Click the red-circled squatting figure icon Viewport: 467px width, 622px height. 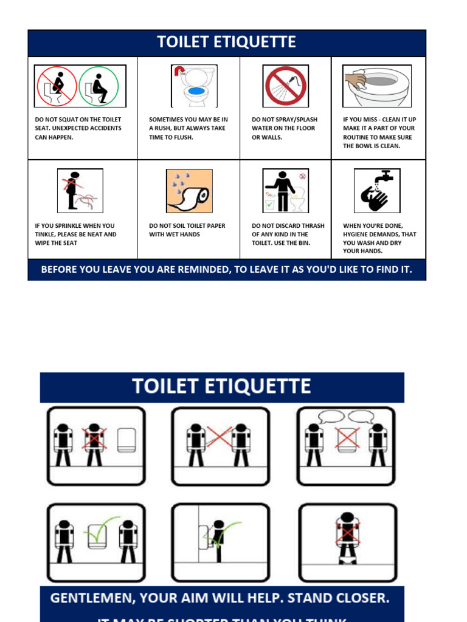click(57, 86)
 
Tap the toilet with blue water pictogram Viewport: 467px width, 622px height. click(194, 86)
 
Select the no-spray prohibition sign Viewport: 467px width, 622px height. click(285, 86)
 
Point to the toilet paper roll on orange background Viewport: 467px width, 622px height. click(189, 191)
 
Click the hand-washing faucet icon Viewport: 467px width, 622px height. click(377, 191)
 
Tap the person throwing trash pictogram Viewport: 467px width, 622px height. click(285, 191)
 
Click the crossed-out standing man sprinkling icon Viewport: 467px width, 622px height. click(80, 191)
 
